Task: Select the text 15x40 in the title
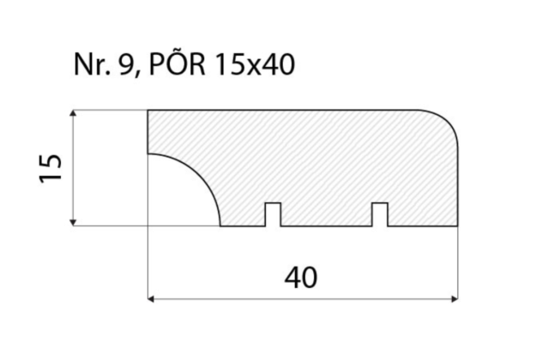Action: [254, 66]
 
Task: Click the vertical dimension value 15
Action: [51, 168]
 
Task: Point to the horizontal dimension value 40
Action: [301, 277]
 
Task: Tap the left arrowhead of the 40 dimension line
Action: [153, 299]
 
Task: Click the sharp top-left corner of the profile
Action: [149, 111]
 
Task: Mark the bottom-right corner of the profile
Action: [457, 226]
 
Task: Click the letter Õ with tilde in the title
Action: [177, 64]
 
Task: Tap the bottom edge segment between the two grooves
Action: [326, 226]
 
